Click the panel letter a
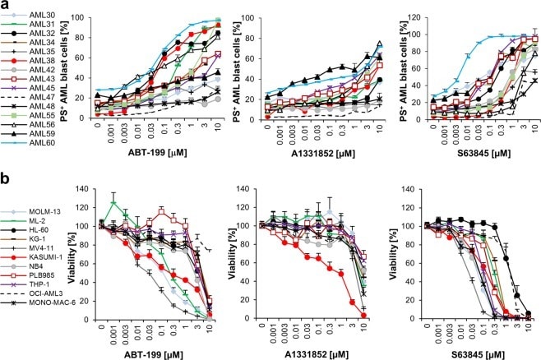[x=6, y=7]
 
